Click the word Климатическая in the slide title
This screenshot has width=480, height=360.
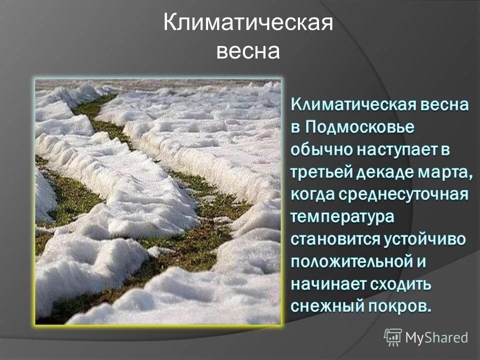click(248, 24)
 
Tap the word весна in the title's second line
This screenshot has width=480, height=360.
click(248, 51)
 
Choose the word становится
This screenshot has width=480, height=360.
click(335, 238)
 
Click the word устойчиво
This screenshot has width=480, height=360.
click(424, 238)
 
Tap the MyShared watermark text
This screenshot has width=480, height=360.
click(436, 337)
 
